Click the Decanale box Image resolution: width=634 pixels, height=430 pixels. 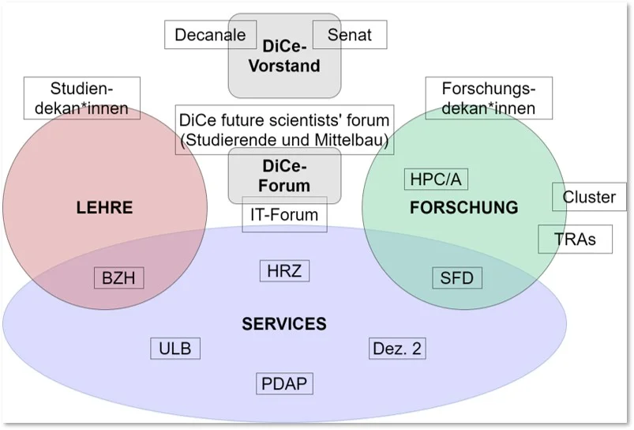[210, 35]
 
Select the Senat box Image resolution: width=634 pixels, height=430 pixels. [350, 35]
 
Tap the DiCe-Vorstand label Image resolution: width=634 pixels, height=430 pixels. [284, 57]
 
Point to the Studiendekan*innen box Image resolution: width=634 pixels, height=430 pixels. [82, 98]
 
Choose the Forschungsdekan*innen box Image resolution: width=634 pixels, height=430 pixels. [488, 98]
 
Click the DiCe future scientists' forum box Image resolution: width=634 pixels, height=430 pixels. [284, 130]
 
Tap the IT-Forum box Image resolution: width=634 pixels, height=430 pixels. [284, 215]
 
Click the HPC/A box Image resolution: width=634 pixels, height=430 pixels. [435, 179]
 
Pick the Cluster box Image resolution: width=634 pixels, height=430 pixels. [589, 197]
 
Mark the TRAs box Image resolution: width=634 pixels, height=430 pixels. [575, 239]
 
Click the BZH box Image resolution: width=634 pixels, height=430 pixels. [119, 277]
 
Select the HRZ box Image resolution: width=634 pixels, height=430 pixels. [284, 270]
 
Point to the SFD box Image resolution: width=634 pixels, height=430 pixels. [457, 277]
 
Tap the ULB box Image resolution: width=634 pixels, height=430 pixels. [175, 348]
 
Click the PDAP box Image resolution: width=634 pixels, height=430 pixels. [284, 384]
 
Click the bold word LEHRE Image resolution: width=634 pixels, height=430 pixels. [104, 209]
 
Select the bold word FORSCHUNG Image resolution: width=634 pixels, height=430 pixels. [464, 208]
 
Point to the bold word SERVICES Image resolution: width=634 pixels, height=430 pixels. [284, 324]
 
